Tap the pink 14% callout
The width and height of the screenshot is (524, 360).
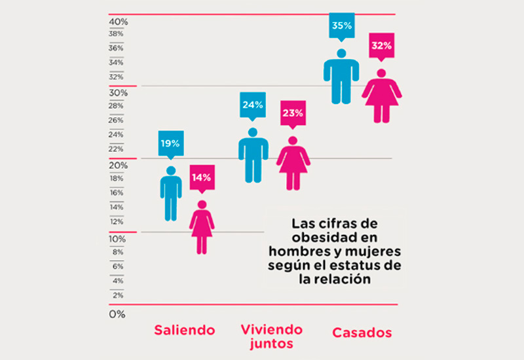202,177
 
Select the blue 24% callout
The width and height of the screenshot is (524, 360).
252,104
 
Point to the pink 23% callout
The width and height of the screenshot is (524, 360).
292,113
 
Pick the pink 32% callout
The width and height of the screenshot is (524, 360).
381,46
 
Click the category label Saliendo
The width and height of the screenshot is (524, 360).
184,330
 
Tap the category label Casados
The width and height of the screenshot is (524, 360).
362,333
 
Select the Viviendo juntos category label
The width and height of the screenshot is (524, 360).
272,335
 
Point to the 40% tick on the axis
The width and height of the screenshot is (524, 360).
119,22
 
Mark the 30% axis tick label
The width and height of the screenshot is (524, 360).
118,94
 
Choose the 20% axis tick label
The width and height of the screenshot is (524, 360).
118,166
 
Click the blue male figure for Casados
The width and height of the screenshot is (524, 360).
341,77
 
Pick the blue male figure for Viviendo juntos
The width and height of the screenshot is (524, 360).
253,156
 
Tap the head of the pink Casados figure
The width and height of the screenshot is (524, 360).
381,74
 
